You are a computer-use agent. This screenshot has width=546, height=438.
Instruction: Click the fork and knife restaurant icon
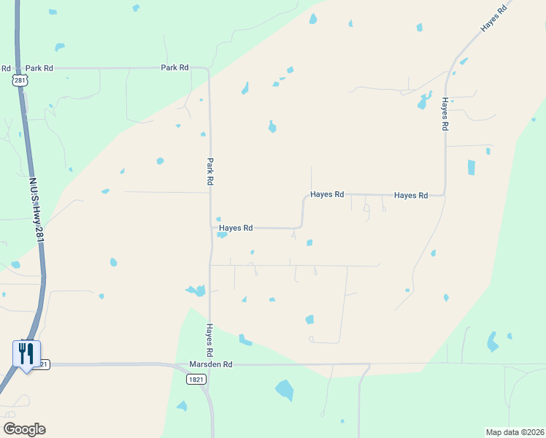[x=26, y=354]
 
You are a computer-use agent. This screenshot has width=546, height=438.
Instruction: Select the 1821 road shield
[x=196, y=380]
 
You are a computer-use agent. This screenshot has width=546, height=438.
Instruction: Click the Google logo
[x=24, y=429]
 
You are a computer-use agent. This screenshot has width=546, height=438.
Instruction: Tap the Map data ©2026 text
[x=514, y=432]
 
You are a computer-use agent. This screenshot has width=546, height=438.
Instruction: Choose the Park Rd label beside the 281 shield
[x=39, y=68]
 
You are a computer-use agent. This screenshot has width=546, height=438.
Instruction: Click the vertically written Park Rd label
[x=210, y=171]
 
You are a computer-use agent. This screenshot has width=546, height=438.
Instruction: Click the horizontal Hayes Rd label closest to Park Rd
[x=236, y=228]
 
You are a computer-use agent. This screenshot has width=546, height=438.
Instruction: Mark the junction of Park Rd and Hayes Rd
[x=210, y=228]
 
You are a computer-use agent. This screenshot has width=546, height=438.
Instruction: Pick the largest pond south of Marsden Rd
[x=284, y=390]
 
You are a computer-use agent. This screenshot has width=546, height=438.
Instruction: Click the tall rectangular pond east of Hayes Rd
[x=471, y=167]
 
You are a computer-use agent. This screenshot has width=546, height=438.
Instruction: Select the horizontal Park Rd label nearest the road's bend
[x=174, y=68]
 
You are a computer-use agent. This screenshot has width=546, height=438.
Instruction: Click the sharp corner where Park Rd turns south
[x=209, y=70]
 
